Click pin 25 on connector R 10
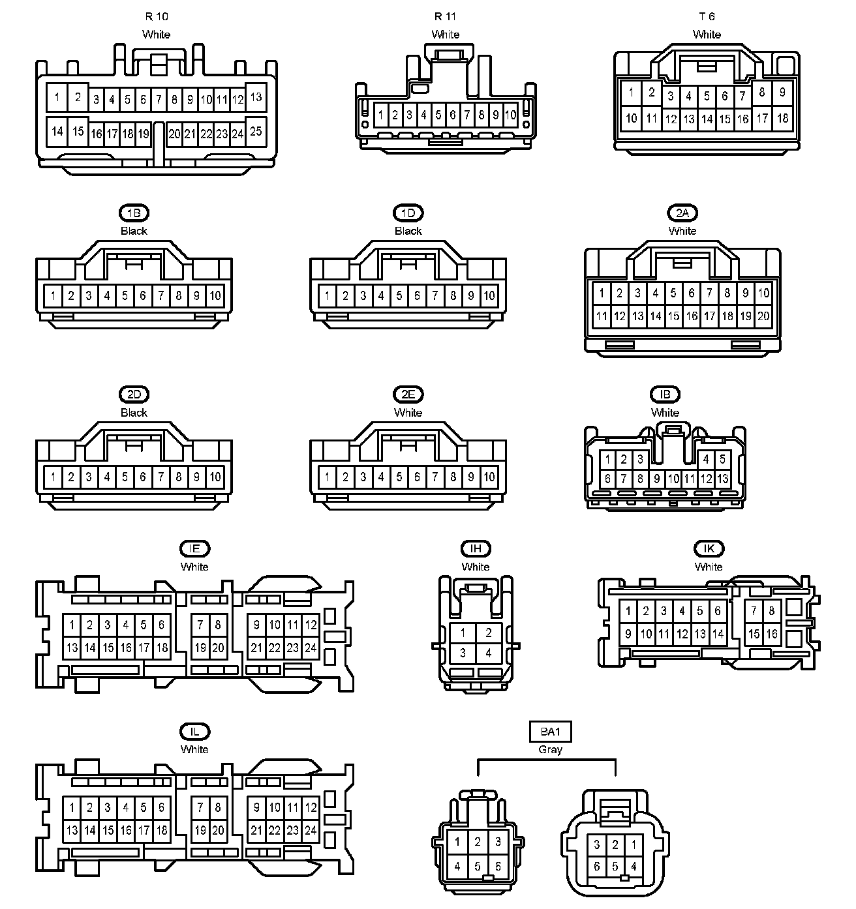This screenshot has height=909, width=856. [256, 130]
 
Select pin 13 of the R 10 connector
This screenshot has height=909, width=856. [256, 97]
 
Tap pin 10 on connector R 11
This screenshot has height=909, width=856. [510, 115]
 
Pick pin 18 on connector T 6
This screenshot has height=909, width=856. [782, 118]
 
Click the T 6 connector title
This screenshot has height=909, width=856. [707, 16]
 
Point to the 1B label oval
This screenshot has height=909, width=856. [134, 213]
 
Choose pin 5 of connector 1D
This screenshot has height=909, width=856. [399, 296]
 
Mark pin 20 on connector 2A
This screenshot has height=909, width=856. [763, 316]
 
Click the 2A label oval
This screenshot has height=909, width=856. [682, 213]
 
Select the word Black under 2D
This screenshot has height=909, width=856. [134, 413]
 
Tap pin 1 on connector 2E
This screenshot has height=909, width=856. [328, 477]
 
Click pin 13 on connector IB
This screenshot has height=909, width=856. [722, 479]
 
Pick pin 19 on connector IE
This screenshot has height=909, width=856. [200, 648]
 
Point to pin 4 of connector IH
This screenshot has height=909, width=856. [488, 652]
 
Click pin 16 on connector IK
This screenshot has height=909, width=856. [772, 633]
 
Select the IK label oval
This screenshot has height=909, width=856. [709, 549]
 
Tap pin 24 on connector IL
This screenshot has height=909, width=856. [311, 830]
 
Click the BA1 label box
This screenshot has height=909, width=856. [550, 732]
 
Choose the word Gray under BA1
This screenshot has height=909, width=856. [550, 750]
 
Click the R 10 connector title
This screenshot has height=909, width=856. [156, 16]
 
